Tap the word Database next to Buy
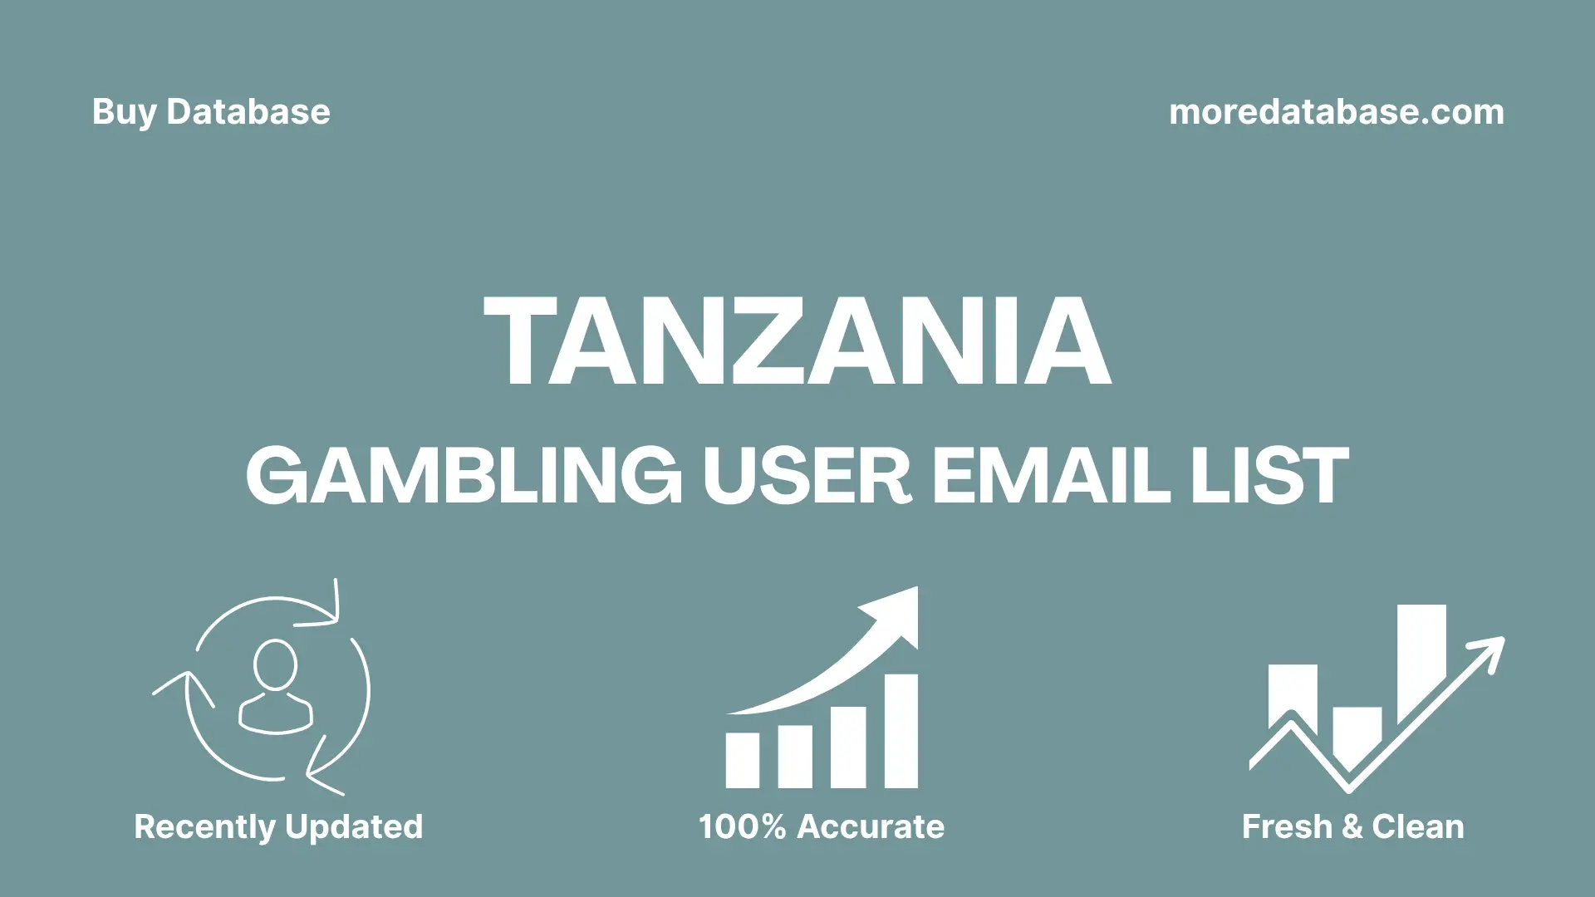coord(248,112)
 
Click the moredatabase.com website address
coord(1336,112)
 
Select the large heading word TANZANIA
coord(797,342)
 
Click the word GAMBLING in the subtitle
coord(464,475)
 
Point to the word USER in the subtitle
coord(807,475)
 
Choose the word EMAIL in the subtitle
coord(1051,475)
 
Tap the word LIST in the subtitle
coord(1269,475)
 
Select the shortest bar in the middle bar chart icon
coord(742,760)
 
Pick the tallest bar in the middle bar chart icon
coord(901,731)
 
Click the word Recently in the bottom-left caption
coord(204,827)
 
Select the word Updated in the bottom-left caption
coord(354,827)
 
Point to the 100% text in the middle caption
coord(742,827)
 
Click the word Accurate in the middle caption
coord(871,827)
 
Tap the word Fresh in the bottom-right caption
coord(1287,827)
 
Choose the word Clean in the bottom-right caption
coord(1418,827)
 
